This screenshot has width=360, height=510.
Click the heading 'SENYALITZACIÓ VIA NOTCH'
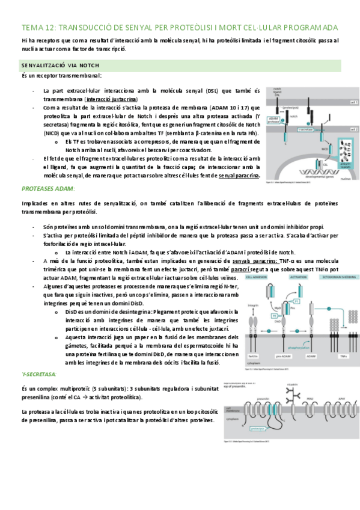[60, 65]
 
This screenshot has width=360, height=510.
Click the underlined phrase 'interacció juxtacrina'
[111, 99]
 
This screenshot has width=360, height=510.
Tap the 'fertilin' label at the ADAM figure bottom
[243, 356]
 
